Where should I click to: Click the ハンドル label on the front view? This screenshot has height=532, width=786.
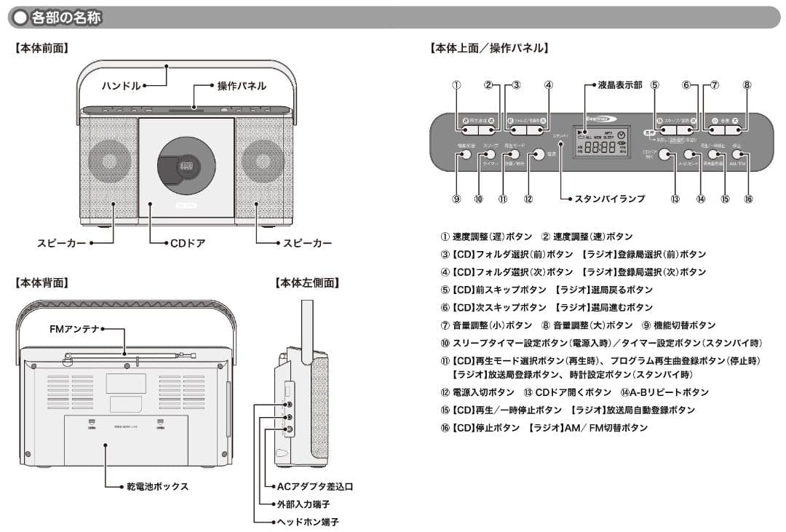coord(122,86)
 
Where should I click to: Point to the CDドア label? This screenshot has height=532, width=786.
coord(188,243)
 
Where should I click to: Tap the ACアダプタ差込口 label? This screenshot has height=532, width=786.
coord(314,486)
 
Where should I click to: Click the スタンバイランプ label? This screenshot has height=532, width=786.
coord(609,199)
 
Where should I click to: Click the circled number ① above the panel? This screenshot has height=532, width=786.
coord(456,85)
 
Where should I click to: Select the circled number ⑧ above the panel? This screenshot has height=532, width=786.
coord(747,85)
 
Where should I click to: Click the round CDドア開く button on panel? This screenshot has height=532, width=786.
coord(664,154)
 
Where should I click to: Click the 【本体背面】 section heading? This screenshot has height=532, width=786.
coord(41,282)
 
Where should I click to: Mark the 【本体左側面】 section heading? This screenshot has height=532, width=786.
coord(307,282)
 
